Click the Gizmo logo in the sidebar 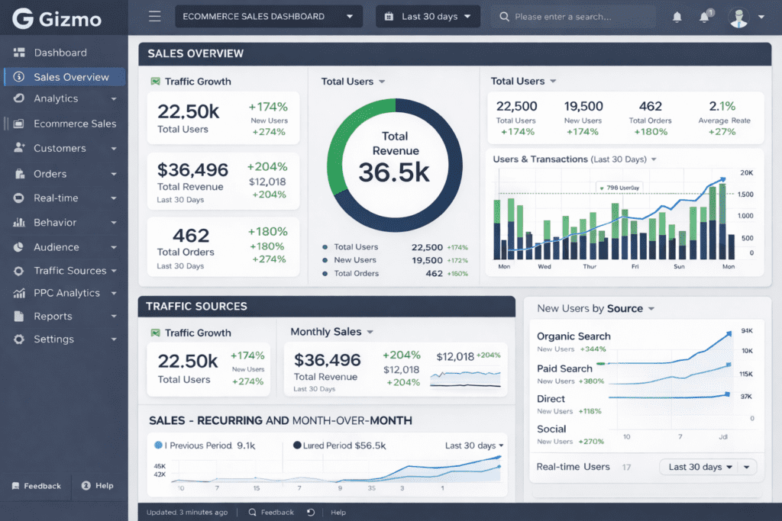point(57,18)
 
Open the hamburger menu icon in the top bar point(155,16)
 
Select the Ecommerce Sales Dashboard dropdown point(269,16)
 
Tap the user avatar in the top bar point(738,17)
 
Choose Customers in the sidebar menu point(60,148)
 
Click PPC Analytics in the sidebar point(66,293)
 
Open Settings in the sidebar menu point(53,339)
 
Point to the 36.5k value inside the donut point(394,172)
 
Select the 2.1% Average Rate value point(722,106)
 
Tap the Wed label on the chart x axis point(544,267)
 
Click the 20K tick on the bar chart point(746,173)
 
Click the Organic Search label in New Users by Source point(574,336)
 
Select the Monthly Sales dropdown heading point(331,332)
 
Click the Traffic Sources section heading point(196,306)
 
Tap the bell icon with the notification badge point(704,17)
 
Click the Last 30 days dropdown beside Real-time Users point(706,467)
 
